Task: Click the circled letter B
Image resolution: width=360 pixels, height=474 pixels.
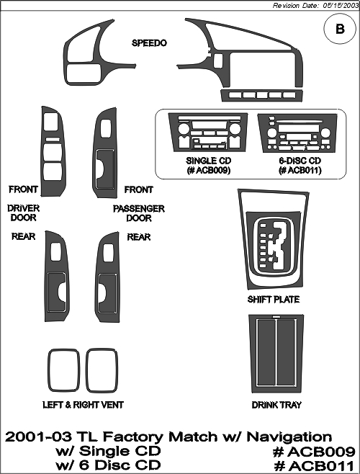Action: click(340, 29)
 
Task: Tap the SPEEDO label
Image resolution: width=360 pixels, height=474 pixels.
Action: click(149, 43)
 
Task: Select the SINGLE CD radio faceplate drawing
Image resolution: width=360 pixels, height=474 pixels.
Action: click(208, 132)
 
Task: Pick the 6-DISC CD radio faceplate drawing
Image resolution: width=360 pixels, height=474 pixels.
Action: click(298, 133)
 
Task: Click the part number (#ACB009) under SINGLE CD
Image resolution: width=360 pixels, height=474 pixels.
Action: click(209, 171)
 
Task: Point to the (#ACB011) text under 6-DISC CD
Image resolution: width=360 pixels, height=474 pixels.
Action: click(300, 171)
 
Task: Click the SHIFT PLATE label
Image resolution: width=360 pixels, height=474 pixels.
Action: click(274, 300)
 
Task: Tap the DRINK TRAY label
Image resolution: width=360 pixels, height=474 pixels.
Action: click(276, 405)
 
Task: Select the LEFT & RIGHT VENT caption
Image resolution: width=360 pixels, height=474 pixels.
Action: click(83, 405)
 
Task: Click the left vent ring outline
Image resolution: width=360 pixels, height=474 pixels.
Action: click(49, 370)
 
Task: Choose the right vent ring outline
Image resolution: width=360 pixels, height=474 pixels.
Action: click(86, 370)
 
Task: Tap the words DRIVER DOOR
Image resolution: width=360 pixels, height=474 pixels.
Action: click(24, 213)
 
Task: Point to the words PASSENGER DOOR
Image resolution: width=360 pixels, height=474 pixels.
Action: click(139, 213)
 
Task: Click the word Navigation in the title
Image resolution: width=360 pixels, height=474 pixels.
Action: click(289, 437)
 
